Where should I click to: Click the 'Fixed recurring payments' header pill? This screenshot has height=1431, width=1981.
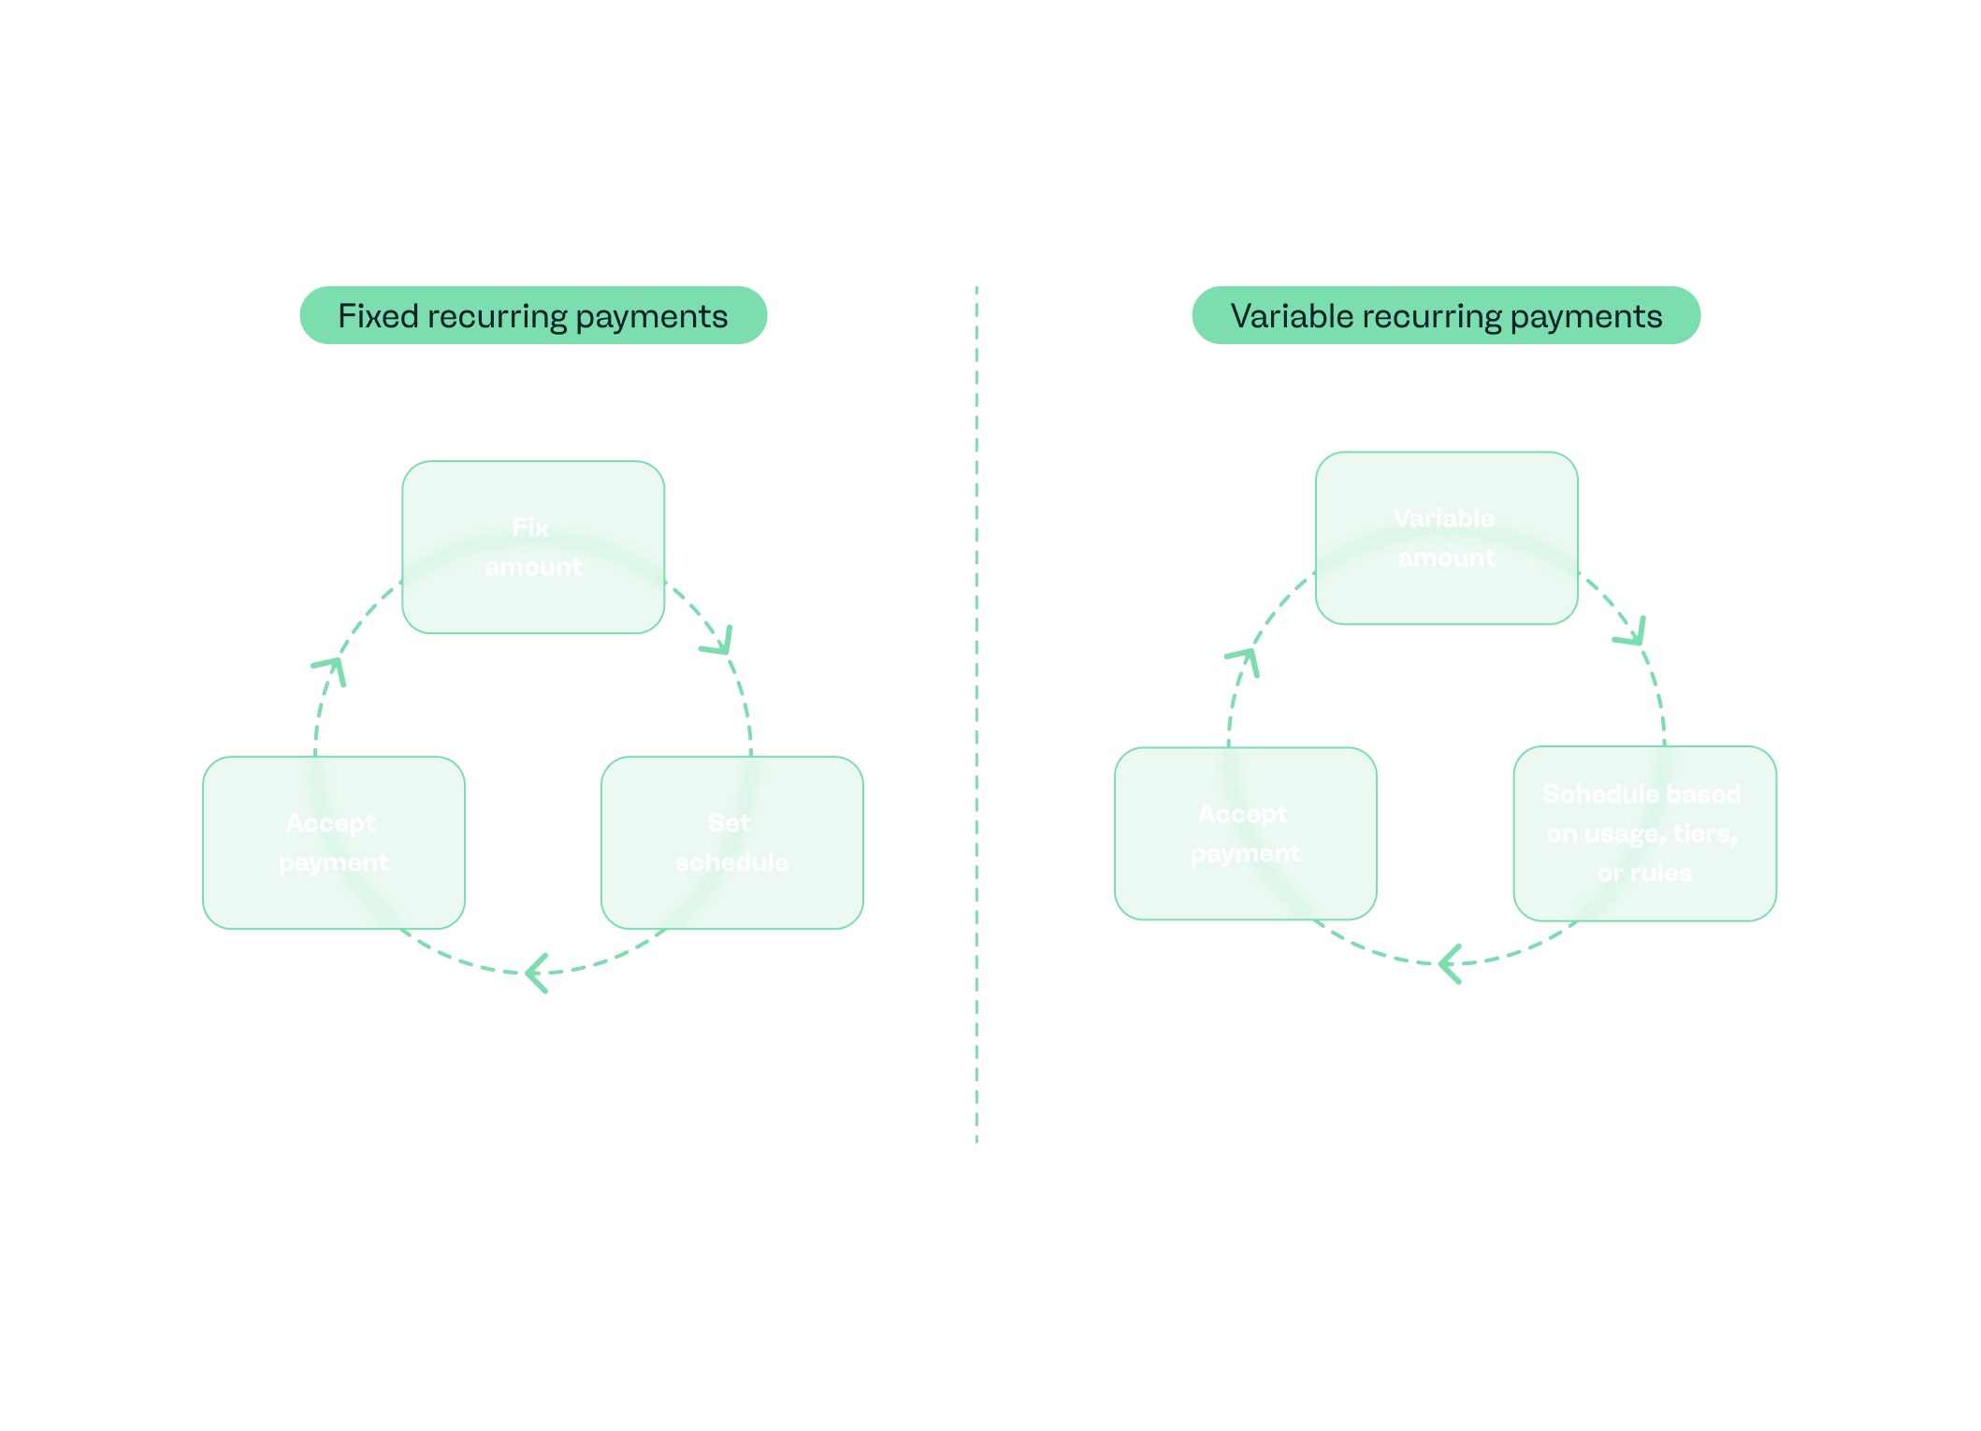pyautogui.click(x=533, y=316)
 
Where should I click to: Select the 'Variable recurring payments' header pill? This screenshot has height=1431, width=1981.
pyautogui.click(x=1446, y=316)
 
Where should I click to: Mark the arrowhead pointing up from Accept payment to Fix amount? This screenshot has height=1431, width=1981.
pyautogui.click(x=331, y=668)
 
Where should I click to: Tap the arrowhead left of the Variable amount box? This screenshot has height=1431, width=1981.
pyautogui.click(x=1244, y=658)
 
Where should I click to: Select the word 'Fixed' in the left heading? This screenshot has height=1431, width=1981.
pyautogui.click(x=378, y=316)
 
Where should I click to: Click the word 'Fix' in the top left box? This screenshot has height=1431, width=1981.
pyautogui.click(x=530, y=528)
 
